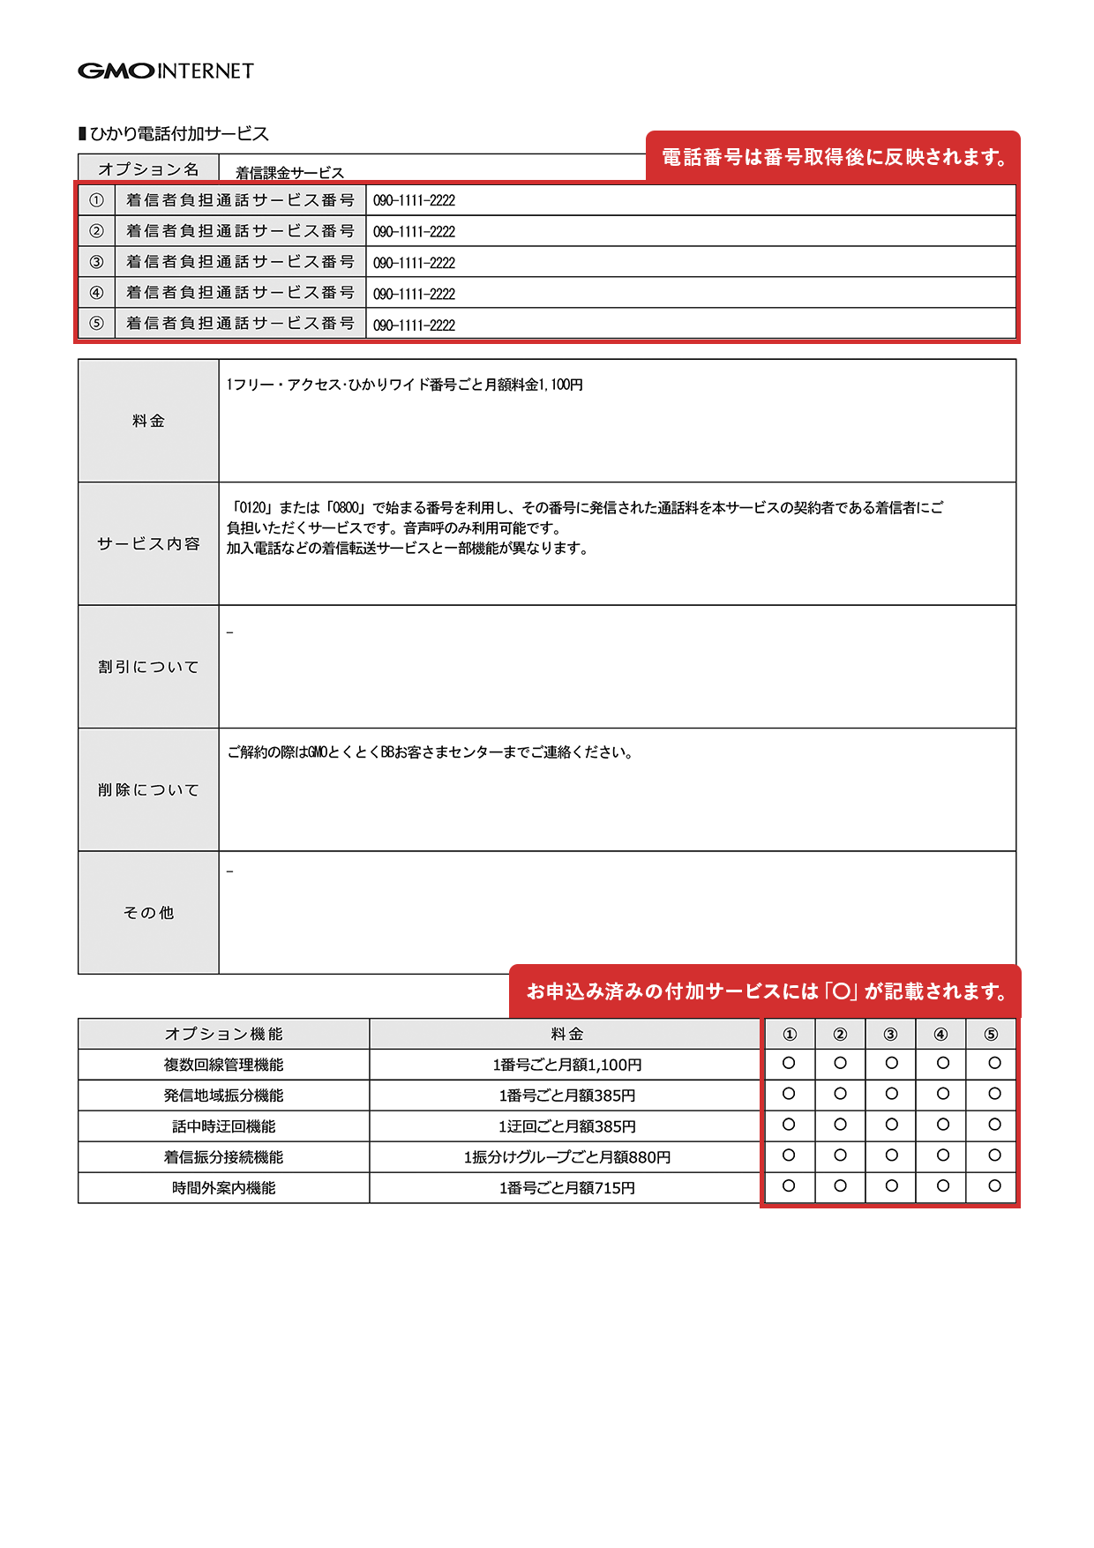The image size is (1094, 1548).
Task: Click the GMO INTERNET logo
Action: (x=166, y=71)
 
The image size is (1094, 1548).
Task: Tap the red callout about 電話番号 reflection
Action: (x=833, y=157)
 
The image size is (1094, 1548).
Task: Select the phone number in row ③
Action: (x=414, y=263)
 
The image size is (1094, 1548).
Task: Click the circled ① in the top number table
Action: (x=96, y=200)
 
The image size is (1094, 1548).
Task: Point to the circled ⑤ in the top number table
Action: (x=96, y=324)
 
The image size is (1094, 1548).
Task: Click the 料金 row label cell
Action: (x=148, y=421)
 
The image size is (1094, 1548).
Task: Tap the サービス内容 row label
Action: (x=148, y=543)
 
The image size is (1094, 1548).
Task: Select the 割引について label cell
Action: (x=148, y=667)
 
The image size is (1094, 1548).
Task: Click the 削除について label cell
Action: (x=148, y=789)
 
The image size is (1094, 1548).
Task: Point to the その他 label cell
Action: (x=148, y=913)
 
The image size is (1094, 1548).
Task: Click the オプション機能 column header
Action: (x=224, y=1034)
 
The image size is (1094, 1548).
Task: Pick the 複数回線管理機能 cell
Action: (x=224, y=1065)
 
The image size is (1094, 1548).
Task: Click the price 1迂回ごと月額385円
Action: (x=566, y=1126)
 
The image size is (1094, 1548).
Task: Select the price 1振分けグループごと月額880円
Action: (x=566, y=1157)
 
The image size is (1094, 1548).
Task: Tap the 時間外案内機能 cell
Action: (x=224, y=1188)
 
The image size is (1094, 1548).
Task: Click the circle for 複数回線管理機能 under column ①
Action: (x=789, y=1064)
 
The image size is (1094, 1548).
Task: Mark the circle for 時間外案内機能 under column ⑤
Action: (x=994, y=1186)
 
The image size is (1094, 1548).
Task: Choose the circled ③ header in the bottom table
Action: (x=890, y=1035)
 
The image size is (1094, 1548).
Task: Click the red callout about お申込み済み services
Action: (x=766, y=991)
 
